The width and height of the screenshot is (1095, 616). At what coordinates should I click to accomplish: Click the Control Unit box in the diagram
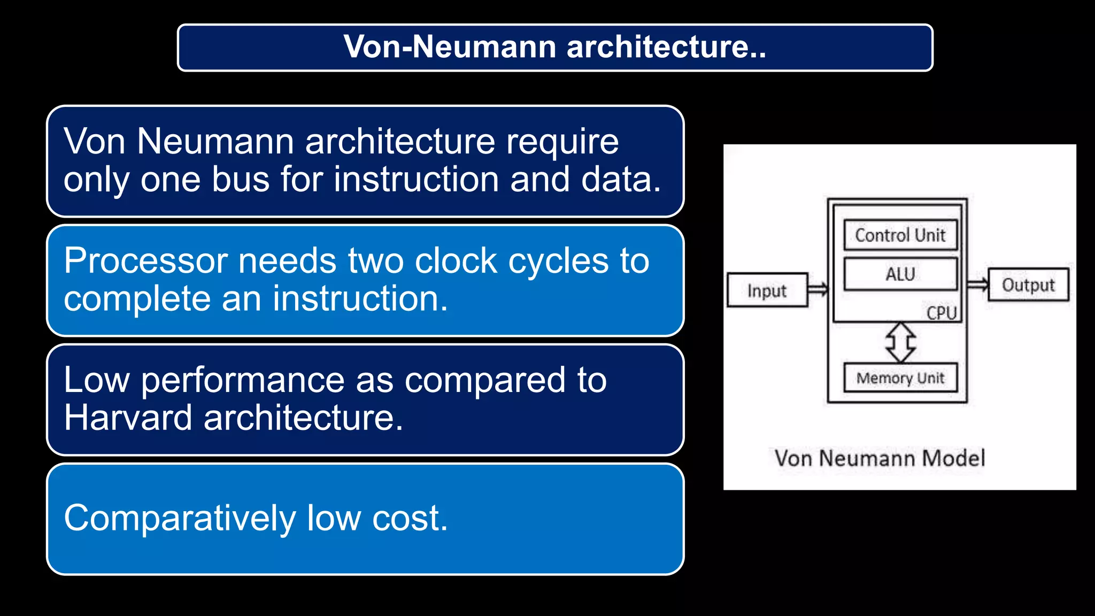tap(900, 235)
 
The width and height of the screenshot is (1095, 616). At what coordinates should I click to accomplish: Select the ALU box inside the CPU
tap(900, 274)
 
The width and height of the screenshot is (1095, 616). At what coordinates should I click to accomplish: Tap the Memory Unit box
tap(900, 378)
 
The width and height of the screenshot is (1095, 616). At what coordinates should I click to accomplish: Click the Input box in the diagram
tap(767, 290)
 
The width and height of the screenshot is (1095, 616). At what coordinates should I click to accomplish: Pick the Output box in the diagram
tap(1028, 285)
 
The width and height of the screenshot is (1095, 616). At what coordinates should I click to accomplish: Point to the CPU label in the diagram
tap(942, 313)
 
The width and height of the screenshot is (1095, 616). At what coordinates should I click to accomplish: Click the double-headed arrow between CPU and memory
tap(900, 342)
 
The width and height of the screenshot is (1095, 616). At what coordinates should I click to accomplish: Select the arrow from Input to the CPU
tap(818, 289)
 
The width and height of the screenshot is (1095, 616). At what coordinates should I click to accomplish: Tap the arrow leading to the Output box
tap(977, 284)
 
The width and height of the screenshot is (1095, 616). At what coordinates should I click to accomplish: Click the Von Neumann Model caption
tap(880, 458)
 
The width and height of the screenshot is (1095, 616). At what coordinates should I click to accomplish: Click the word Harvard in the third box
tap(128, 418)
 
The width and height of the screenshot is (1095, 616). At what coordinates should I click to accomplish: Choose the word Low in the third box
tap(96, 380)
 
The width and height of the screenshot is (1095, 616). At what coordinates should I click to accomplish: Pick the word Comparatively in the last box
tap(180, 518)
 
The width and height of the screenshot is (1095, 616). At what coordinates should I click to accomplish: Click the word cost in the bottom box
tap(410, 518)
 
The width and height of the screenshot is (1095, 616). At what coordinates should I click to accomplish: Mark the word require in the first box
tap(562, 142)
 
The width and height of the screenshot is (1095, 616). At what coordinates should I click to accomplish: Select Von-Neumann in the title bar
tap(450, 47)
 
